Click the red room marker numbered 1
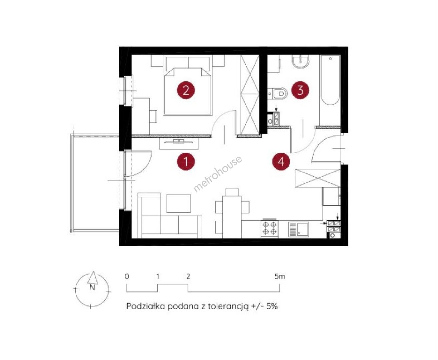point(186,161)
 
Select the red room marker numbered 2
point(186,90)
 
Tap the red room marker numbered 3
point(300,90)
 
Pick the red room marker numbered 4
point(281,161)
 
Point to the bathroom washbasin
point(301,61)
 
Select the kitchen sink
point(298,229)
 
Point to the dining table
point(232,217)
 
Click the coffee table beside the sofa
point(179,203)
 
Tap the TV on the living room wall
point(179,142)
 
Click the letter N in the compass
point(92,288)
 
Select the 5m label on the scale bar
point(280,276)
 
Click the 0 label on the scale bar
point(127,276)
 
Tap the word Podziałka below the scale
point(146,306)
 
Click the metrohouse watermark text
point(217,174)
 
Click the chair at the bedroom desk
point(153,116)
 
